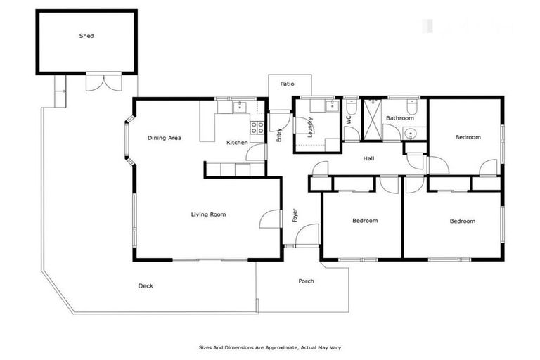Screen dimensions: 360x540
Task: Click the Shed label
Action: click(86, 36)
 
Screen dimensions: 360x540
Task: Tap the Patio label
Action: click(287, 84)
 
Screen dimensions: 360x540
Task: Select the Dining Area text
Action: click(165, 138)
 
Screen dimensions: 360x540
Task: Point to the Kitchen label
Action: click(237, 143)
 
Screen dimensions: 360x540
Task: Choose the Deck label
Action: click(146, 285)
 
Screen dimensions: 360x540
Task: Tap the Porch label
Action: click(306, 281)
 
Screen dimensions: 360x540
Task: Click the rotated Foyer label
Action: click(295, 215)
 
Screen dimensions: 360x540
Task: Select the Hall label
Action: click(368, 158)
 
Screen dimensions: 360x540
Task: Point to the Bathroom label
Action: click(399, 118)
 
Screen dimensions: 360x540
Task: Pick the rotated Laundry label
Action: click(309, 127)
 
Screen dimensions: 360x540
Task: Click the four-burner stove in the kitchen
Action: click(257, 127)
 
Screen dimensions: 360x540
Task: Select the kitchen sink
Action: click(239, 107)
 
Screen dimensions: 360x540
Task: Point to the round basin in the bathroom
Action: click(413, 133)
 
